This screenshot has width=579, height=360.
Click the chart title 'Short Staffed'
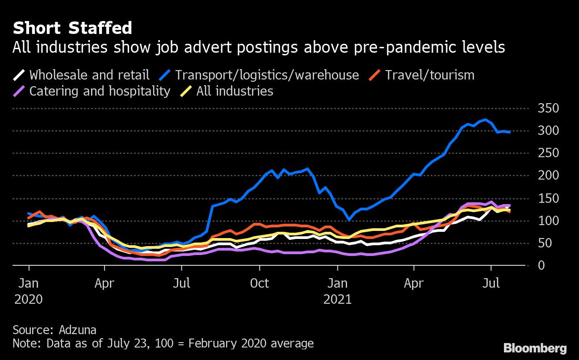(x=72, y=28)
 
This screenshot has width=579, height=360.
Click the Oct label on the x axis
(x=259, y=284)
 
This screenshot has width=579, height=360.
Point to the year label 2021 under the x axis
(x=338, y=299)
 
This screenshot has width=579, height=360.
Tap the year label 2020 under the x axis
(x=29, y=299)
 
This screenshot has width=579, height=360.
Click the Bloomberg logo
(x=535, y=348)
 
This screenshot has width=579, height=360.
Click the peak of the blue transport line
(x=485, y=119)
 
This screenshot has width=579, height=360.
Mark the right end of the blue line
(x=509, y=132)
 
